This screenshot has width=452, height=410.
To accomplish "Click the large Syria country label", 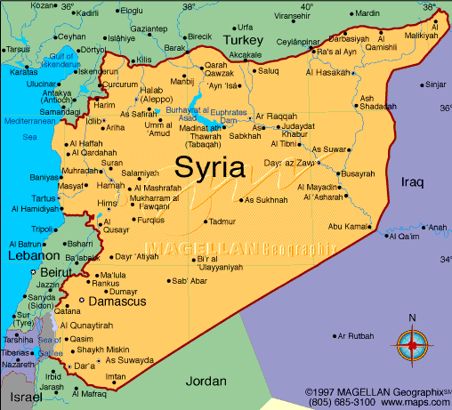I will pos(212,166).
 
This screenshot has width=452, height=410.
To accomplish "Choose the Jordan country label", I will pos(206,381).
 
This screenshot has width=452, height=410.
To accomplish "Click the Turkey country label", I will pos(244,41).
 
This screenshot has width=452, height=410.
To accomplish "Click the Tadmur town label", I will pos(222,221).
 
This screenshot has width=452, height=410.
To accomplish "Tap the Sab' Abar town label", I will pos(190,281).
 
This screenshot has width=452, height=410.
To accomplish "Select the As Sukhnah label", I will pos(266,200).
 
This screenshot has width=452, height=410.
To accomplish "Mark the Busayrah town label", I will pos(358,173).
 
